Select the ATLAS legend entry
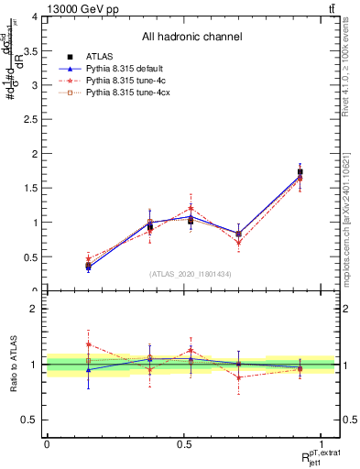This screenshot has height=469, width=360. pos(100,57)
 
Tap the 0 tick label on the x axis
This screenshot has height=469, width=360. pos(47,444)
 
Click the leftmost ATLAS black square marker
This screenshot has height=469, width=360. pos(88,266)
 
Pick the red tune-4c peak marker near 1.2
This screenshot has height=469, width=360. pos(191,208)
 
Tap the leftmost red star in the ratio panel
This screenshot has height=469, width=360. pos(88,344)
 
